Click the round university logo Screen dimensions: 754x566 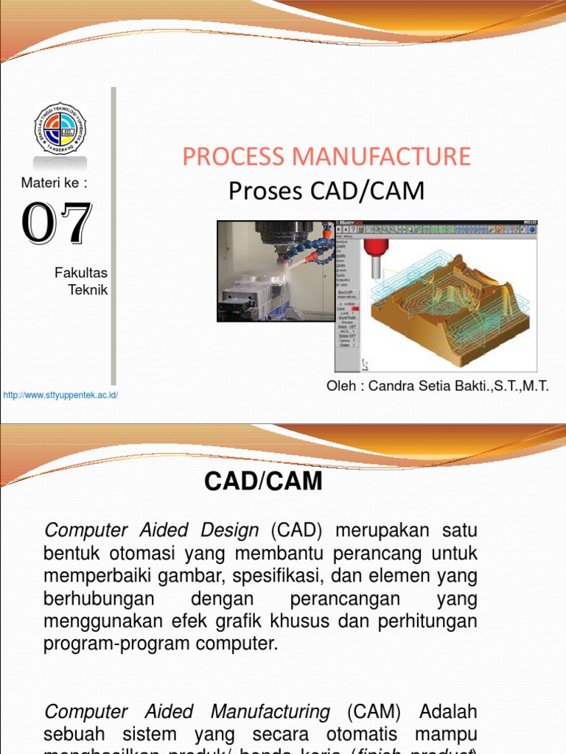60,128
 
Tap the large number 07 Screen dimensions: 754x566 57,224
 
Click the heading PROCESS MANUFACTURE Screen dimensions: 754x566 326,156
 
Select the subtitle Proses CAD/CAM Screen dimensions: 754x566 326,191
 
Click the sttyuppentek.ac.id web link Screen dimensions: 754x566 60,395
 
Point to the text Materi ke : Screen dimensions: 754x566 55,183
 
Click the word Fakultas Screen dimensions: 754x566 81,273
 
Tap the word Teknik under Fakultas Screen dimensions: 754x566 88,290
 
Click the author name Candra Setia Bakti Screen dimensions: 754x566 437,387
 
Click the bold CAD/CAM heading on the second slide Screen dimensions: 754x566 263,482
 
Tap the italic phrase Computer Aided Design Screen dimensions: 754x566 152,530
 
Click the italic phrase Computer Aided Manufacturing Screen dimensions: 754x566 187,712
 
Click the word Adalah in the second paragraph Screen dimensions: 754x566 448,712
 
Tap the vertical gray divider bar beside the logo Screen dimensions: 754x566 113,236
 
